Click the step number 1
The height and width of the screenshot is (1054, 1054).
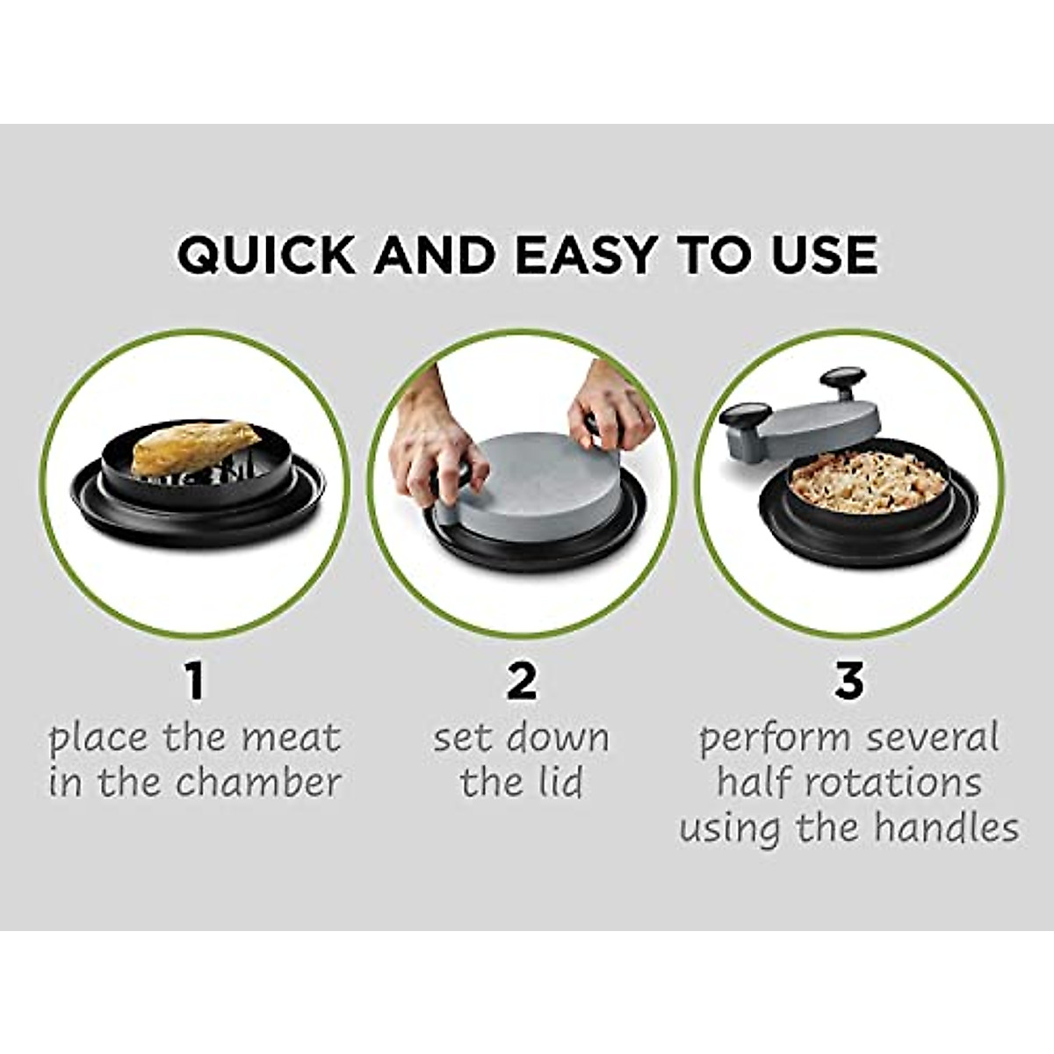point(194,682)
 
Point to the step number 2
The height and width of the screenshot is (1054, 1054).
point(522,682)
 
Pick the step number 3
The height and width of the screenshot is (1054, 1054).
point(848,682)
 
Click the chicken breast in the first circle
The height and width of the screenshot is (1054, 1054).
point(196,447)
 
